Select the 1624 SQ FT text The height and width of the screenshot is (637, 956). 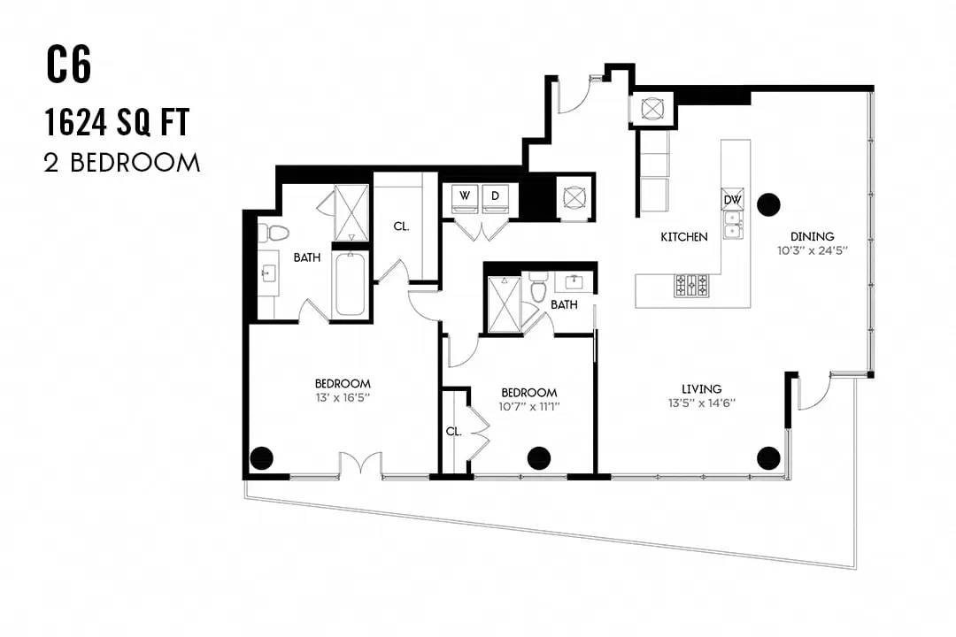pyautogui.click(x=117, y=122)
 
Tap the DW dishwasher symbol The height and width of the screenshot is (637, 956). pyautogui.click(x=732, y=199)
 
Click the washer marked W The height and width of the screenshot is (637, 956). pyautogui.click(x=466, y=198)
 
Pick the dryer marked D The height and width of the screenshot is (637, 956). pyautogui.click(x=495, y=198)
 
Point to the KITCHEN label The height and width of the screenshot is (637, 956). pyautogui.click(x=684, y=236)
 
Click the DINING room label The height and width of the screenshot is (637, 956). pyautogui.click(x=812, y=236)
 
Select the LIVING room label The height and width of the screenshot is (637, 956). pyautogui.click(x=702, y=388)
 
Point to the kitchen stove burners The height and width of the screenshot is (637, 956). pyautogui.click(x=691, y=285)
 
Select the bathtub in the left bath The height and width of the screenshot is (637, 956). pyautogui.click(x=350, y=284)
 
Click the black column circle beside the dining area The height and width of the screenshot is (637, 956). pyautogui.click(x=768, y=205)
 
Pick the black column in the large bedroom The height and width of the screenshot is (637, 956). pyautogui.click(x=262, y=457)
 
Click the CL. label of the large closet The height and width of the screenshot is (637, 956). pyautogui.click(x=401, y=226)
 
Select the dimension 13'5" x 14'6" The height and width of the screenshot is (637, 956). pyautogui.click(x=702, y=403)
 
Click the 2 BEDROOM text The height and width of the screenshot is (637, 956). pyautogui.click(x=122, y=163)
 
